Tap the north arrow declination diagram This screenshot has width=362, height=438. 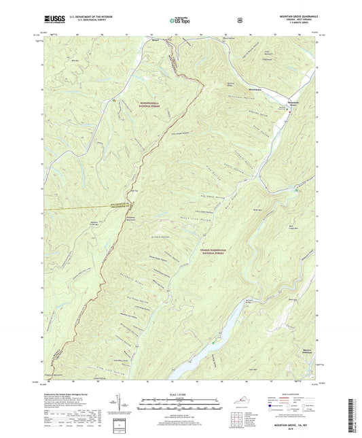coord(127,405)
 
